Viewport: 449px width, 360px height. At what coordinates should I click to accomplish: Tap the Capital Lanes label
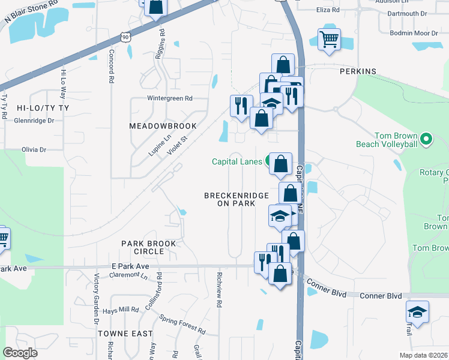click(237, 161)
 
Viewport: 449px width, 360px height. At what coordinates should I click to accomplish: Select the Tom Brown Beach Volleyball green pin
click(426, 140)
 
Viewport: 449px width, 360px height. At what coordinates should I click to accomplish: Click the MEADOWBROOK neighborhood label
click(163, 126)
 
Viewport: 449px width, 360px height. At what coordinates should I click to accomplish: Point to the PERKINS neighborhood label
click(358, 71)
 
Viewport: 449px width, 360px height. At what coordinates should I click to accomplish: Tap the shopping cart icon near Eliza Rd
click(329, 40)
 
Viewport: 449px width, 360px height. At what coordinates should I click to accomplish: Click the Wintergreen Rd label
click(170, 98)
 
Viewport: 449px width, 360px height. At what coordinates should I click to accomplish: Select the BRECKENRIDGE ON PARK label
click(230, 200)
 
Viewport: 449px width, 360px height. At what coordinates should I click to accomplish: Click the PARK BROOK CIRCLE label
click(149, 247)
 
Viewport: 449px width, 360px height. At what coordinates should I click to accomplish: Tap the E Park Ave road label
click(129, 266)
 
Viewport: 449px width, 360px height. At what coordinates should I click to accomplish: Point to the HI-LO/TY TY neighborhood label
click(43, 108)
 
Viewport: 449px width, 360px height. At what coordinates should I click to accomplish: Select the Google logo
click(20, 353)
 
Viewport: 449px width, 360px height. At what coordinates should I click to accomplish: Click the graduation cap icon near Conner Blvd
click(417, 313)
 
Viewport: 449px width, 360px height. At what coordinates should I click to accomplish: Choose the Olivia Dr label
click(34, 149)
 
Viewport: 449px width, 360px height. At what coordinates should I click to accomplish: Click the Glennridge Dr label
click(34, 120)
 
